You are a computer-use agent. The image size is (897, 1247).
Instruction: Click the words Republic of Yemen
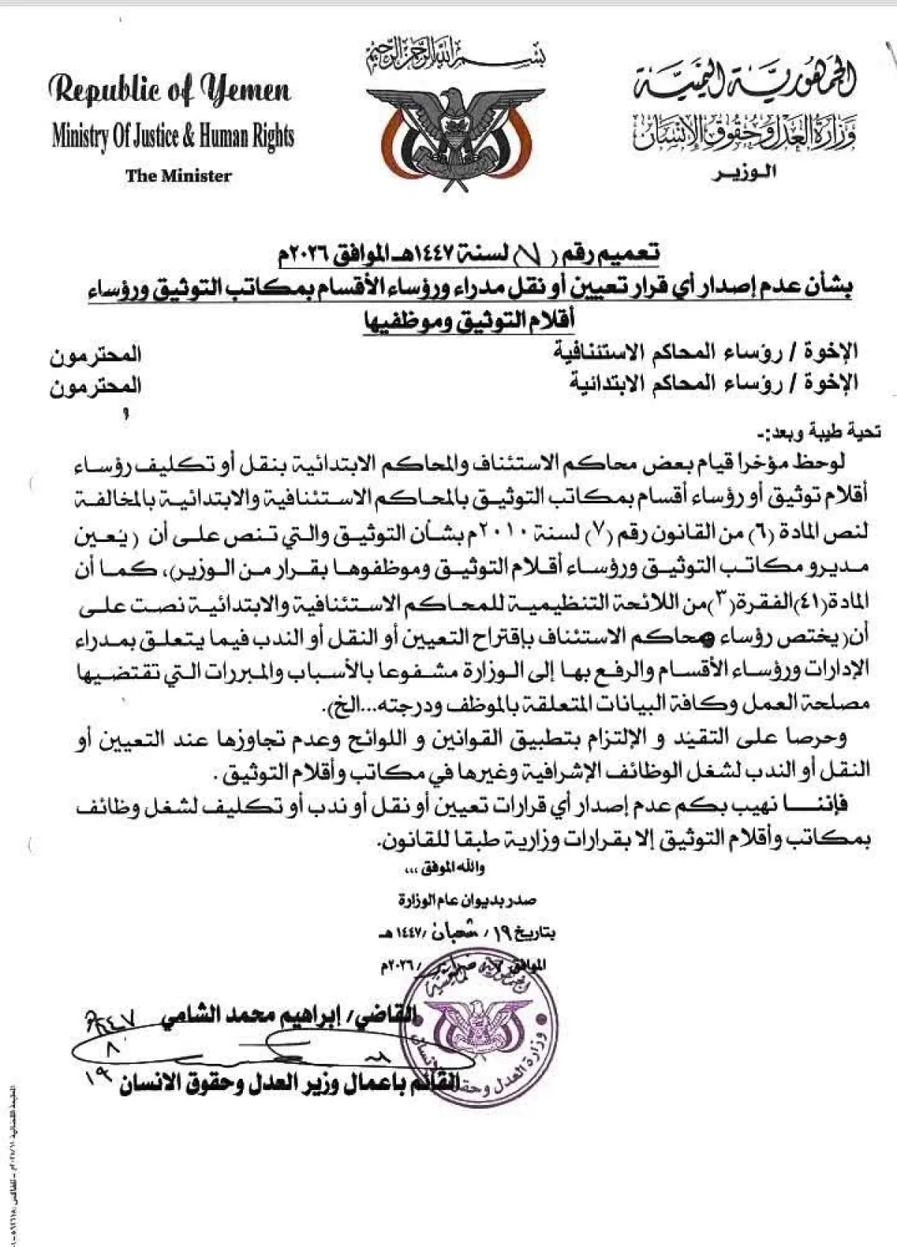[x=170, y=91]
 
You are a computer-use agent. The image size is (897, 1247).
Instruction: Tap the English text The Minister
[x=179, y=176]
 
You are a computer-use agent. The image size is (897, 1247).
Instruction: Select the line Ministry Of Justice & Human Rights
[x=173, y=136]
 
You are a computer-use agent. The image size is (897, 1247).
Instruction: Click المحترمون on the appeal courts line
[x=96, y=354]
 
